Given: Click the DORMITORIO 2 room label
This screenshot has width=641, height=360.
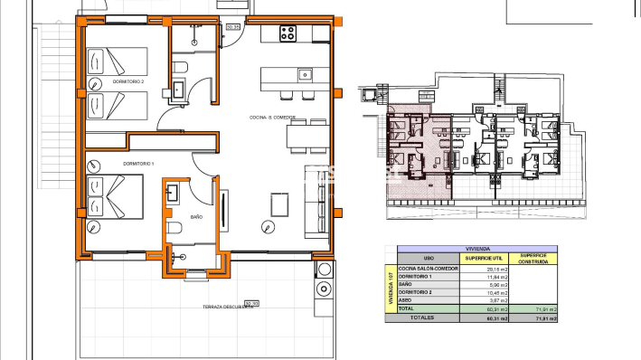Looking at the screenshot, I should [x=128, y=82].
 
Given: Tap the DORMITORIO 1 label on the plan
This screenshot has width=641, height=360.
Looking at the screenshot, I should [x=139, y=163].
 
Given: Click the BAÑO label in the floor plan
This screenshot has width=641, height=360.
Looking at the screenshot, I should [x=198, y=216].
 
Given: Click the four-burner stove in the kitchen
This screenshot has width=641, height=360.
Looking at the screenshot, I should [x=289, y=33].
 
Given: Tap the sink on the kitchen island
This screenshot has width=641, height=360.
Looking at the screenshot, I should [x=305, y=74].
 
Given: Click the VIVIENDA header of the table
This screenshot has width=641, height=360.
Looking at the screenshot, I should [x=477, y=249].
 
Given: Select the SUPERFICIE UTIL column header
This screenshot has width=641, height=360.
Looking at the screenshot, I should [x=483, y=258].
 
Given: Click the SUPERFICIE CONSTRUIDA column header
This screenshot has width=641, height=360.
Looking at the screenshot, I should [x=533, y=258].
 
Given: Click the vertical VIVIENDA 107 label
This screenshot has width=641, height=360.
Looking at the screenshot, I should [x=391, y=289].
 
